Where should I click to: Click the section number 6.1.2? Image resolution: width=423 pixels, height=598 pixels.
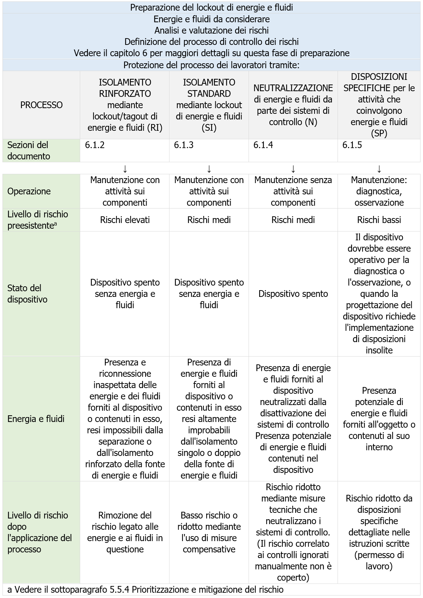[x=95, y=145]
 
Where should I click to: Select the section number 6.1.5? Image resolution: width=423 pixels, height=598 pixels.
[x=352, y=145]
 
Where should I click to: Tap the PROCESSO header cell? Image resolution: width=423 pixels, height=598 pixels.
[x=41, y=105]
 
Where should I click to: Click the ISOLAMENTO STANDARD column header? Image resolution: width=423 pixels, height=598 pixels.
[x=209, y=105]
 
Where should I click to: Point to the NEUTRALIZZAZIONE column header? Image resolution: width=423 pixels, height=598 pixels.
[x=293, y=105]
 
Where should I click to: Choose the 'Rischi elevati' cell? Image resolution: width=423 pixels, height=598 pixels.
[x=125, y=220]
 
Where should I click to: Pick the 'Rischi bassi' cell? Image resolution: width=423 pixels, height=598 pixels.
[x=379, y=220]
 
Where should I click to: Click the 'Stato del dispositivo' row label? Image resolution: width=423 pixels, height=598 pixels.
[x=28, y=294]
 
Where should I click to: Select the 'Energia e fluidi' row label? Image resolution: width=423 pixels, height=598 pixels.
[x=36, y=419]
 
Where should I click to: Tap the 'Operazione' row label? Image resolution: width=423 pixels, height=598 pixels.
[x=29, y=191]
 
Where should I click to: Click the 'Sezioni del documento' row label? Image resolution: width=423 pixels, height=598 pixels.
[x=28, y=151]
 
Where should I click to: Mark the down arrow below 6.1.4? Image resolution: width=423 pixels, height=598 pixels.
[x=293, y=169]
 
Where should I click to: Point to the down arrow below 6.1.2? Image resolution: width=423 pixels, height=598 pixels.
[x=125, y=169]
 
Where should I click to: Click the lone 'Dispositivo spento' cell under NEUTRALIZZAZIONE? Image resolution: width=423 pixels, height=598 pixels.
[x=293, y=294]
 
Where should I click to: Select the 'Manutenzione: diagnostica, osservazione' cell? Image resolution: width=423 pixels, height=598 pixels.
[x=379, y=191]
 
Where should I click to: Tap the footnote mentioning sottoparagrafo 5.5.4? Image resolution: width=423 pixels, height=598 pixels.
[x=145, y=590]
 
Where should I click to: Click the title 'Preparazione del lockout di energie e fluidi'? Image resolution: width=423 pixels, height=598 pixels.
[x=211, y=7]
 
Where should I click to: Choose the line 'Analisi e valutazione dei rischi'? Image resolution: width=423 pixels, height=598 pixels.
[x=211, y=30]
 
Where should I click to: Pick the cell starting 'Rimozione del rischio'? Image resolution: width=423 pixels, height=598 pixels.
[x=125, y=532]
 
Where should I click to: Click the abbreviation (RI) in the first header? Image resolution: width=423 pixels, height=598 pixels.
[x=155, y=128]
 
